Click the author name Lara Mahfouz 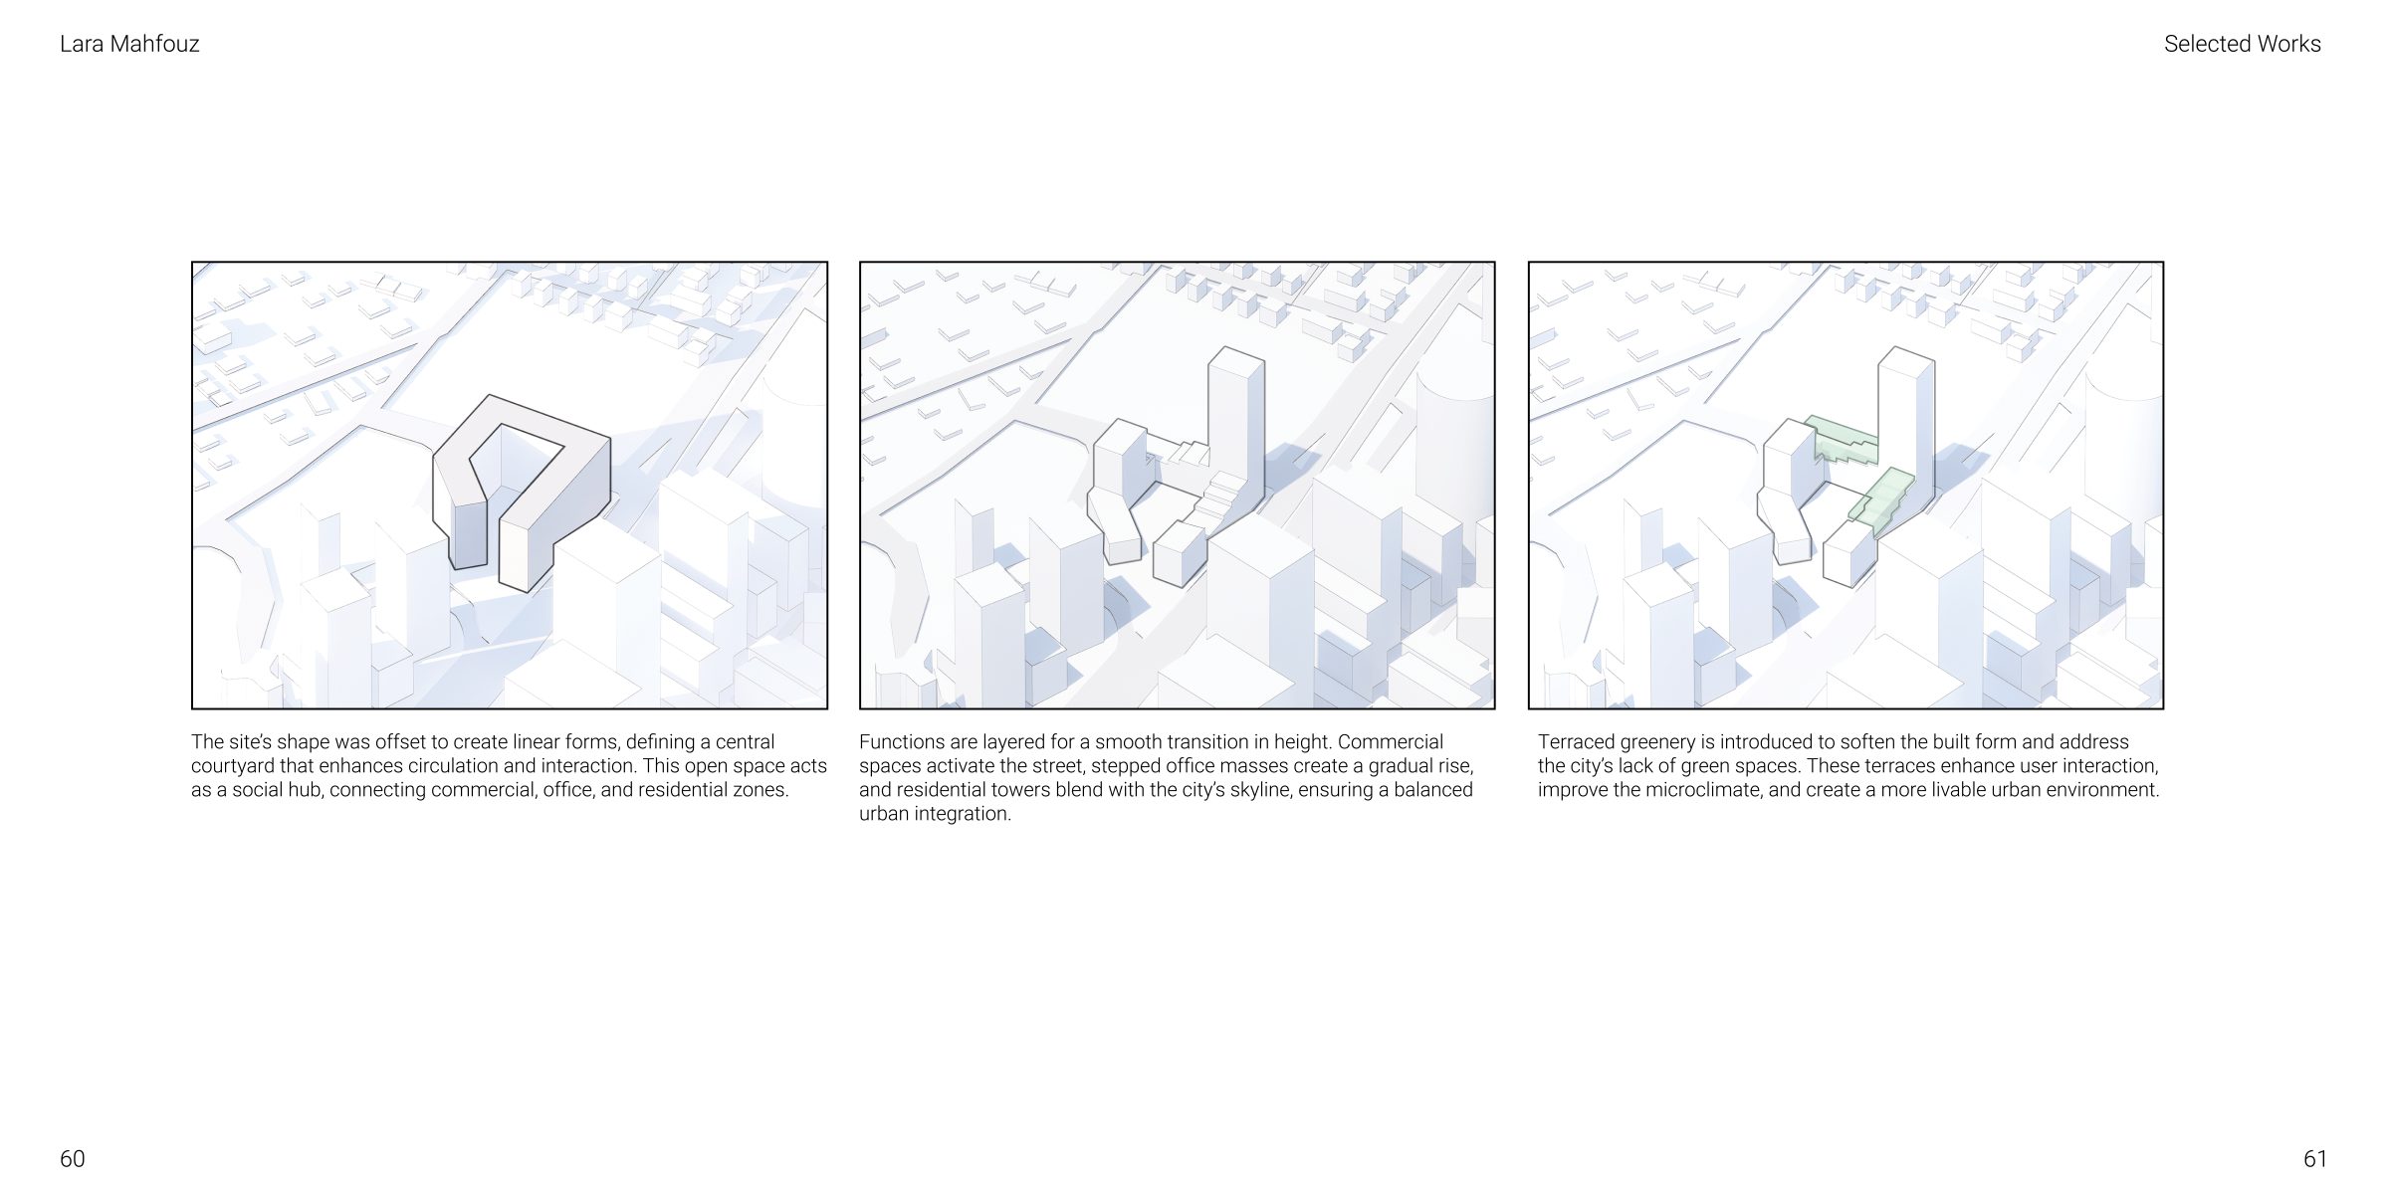coord(129,44)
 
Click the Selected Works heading coord(2242,44)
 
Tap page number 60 coord(73,1159)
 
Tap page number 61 coord(2315,1159)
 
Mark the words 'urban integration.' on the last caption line coord(935,814)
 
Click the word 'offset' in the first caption coord(401,742)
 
